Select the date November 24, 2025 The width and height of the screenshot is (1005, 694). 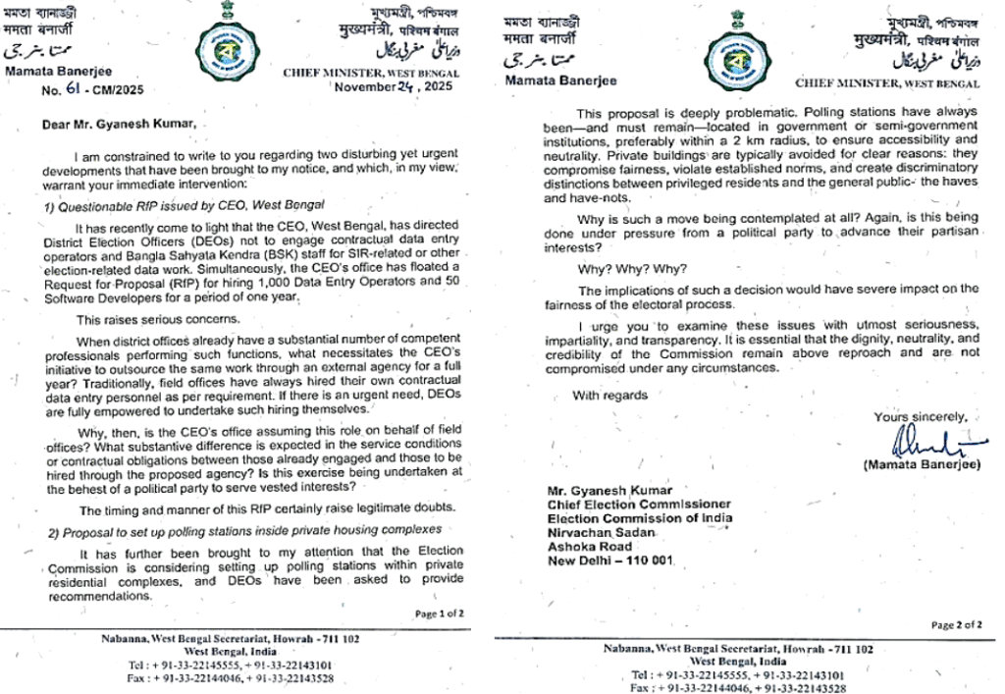tap(391, 86)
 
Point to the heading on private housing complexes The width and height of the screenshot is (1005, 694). tap(245, 530)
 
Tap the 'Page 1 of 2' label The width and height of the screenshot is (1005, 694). tap(439, 614)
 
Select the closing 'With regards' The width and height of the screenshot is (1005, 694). tap(610, 395)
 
